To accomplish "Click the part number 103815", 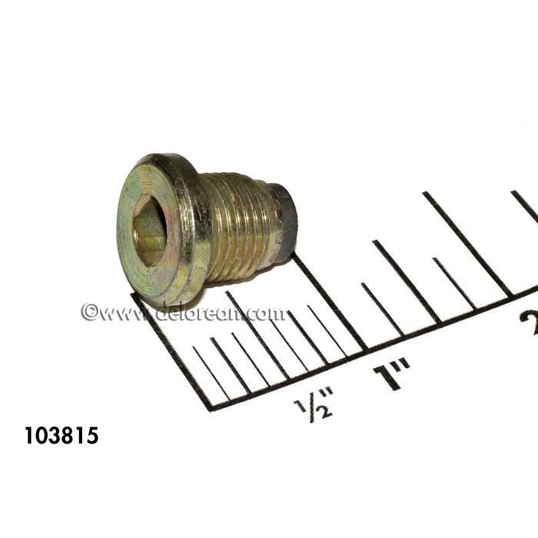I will [x=61, y=437].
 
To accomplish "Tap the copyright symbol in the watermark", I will [x=89, y=312].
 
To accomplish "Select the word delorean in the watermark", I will [x=200, y=313].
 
